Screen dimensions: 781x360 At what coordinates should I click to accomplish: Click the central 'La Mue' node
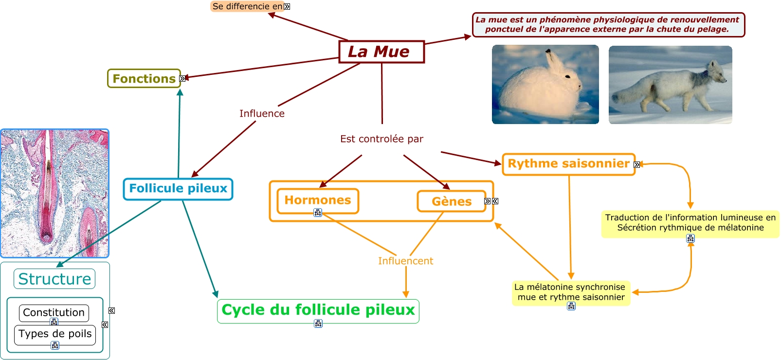381,52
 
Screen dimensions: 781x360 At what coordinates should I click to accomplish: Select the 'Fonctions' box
144,78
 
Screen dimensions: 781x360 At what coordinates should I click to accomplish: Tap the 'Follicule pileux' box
178,189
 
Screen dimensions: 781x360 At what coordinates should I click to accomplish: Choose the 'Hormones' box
318,201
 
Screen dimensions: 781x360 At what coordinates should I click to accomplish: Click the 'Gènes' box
452,201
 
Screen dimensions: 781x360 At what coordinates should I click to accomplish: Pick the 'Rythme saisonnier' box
569,164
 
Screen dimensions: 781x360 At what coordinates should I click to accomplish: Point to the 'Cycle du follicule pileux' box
318,311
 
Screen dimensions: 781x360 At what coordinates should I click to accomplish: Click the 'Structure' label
54,279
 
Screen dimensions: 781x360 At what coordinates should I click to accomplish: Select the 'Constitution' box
54,313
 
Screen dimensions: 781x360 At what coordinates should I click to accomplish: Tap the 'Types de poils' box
55,335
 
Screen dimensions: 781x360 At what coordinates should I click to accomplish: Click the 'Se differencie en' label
248,6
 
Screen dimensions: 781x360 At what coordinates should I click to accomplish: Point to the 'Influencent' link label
405,261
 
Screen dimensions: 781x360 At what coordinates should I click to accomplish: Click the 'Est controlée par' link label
381,139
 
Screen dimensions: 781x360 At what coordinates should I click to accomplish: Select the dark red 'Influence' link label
262,113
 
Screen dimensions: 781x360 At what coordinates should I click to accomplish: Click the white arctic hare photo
545,84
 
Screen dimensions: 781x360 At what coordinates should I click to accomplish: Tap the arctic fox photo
670,85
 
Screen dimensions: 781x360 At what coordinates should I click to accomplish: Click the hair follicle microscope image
54,194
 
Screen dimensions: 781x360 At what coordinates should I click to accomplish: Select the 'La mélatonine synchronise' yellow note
571,293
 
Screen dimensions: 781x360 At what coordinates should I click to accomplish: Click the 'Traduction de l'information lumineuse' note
690,223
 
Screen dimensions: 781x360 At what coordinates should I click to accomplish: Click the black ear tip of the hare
548,52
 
